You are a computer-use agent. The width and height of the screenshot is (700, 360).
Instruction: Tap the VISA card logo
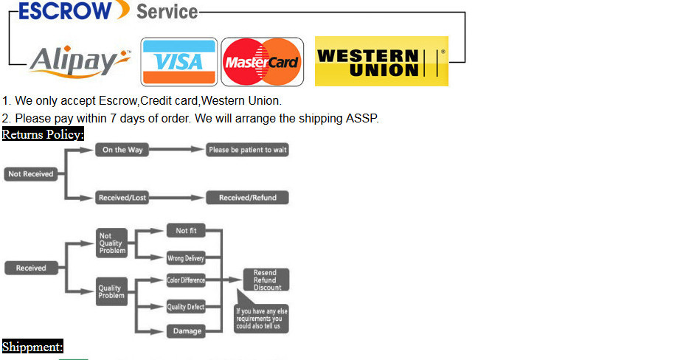point(179,62)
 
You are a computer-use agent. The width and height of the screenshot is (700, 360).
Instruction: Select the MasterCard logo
point(262,62)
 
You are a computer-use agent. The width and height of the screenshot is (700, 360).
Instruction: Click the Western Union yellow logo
point(381,62)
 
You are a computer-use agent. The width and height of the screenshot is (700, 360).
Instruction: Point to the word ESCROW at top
point(65,10)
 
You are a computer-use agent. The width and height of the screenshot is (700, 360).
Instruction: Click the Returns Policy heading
point(43,134)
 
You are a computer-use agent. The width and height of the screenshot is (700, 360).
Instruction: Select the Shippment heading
point(32,347)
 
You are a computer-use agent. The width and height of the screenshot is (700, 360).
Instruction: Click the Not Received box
point(30,174)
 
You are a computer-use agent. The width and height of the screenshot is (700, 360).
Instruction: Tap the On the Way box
point(122,150)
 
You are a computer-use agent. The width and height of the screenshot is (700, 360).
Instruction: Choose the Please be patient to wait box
point(247,150)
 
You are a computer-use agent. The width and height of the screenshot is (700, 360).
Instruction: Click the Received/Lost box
point(122,198)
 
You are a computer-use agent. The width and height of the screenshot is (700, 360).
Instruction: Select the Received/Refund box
point(247,198)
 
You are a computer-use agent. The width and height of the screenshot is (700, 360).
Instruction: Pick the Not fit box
point(186,231)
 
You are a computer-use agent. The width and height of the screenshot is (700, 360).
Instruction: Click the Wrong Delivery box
point(186,258)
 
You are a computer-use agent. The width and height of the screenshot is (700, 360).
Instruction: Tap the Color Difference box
point(186,280)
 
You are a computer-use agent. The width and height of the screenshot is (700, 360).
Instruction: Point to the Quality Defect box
point(186,307)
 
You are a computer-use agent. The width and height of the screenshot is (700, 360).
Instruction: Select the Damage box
point(187,331)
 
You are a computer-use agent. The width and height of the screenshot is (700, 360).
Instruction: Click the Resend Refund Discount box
point(267,280)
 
